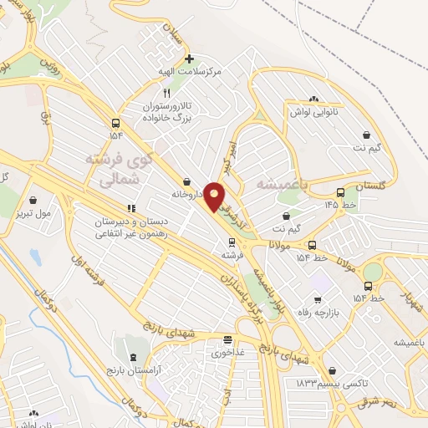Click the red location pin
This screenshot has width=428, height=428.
[215, 196]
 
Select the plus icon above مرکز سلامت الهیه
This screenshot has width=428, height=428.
[190, 59]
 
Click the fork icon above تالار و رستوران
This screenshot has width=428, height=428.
[166, 94]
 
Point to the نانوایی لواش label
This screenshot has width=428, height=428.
[313, 111]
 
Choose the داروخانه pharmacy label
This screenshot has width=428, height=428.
[189, 194]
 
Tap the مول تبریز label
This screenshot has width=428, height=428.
[33, 213]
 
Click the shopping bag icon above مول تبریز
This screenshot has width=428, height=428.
[33, 201]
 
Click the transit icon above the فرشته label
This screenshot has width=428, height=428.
[232, 242]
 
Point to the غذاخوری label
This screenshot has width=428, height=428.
[227, 352]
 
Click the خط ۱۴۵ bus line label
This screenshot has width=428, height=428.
[341, 205]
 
